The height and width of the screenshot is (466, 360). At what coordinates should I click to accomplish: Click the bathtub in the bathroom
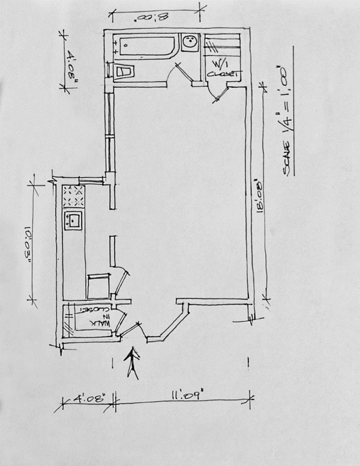146,46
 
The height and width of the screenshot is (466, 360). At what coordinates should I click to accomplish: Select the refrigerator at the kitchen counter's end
98,285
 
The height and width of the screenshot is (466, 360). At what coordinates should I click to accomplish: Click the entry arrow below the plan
133,363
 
